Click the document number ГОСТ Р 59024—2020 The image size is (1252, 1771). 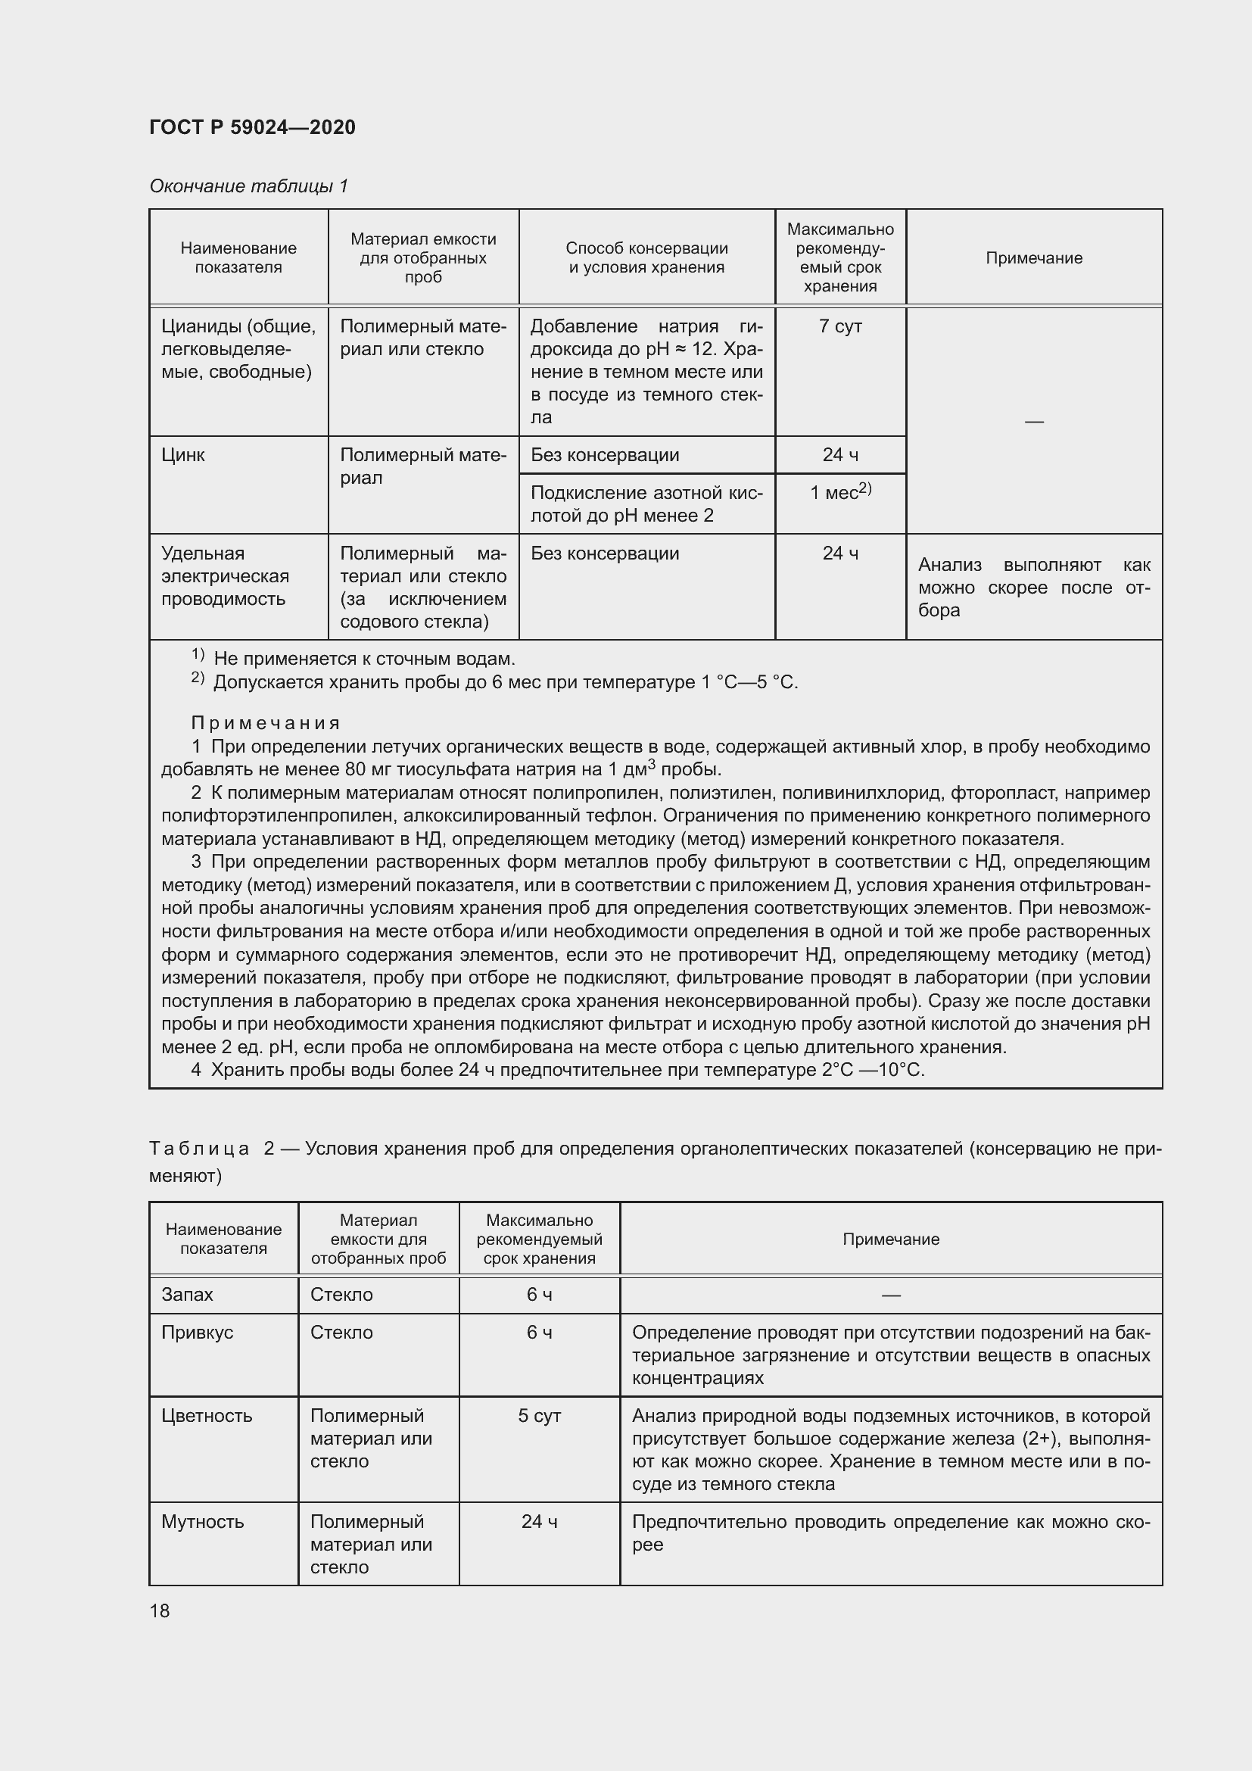[252, 127]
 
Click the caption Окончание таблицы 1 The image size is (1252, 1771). [248, 186]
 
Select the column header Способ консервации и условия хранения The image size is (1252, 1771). [646, 257]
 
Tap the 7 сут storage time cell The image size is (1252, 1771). [839, 326]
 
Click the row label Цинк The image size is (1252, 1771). [183, 455]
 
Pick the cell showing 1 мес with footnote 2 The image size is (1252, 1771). [839, 492]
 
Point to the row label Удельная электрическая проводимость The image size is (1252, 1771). [225, 576]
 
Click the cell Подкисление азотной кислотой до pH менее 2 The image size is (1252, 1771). [646, 504]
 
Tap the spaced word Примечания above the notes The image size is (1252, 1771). [265, 723]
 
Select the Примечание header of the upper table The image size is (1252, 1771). [1033, 257]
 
